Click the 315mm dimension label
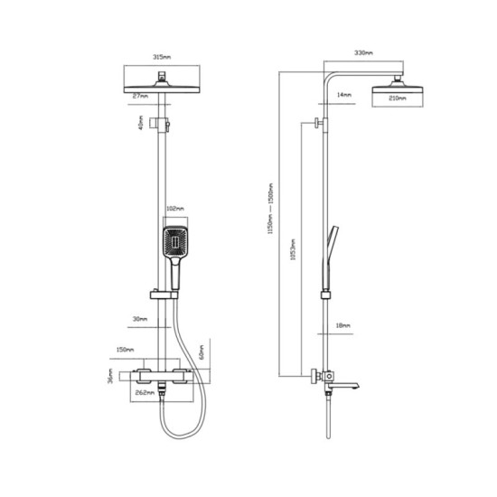pos(160,56)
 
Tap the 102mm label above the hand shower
pos(175,209)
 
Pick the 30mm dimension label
pos(138,317)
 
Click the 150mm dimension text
pos(125,350)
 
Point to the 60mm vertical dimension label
pos(202,352)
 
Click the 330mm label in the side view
pos(364,53)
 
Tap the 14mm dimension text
pos(343,94)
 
